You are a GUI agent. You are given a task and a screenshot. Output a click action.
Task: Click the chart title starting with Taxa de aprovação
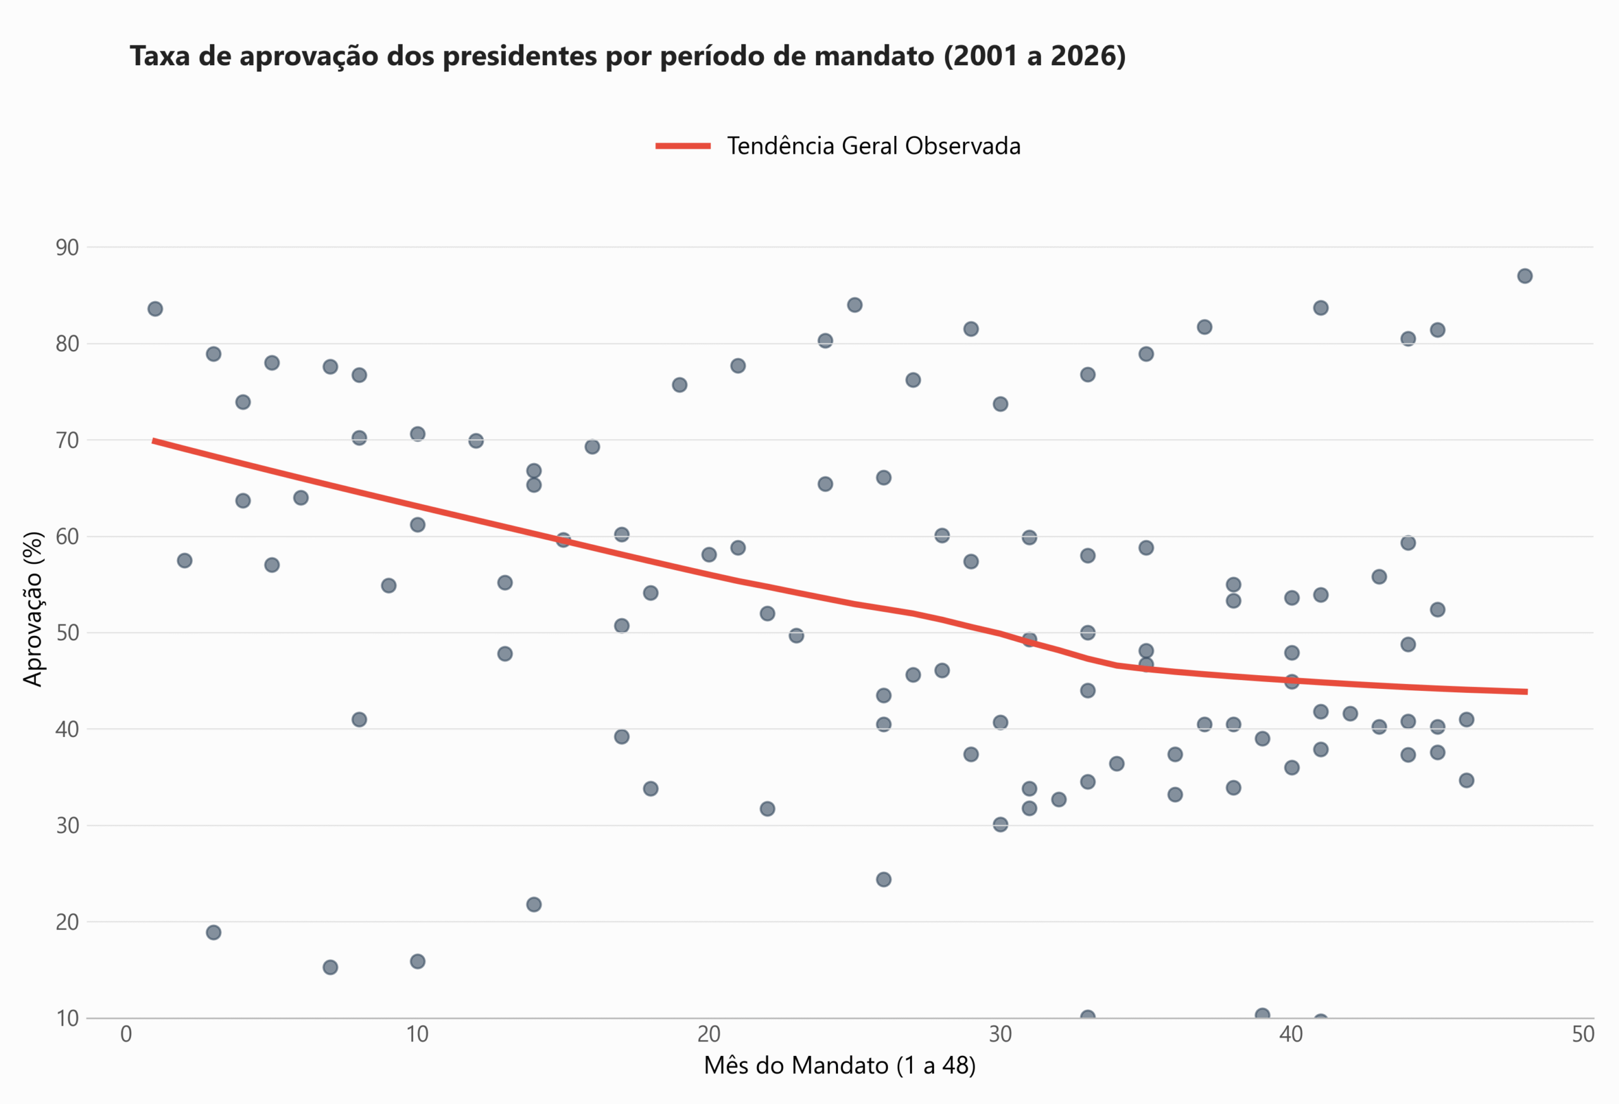point(627,56)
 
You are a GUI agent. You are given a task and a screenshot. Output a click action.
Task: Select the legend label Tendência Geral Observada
point(873,146)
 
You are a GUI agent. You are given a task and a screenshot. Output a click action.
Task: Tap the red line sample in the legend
point(683,146)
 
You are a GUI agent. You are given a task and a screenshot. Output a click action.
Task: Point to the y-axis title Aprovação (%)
point(33,609)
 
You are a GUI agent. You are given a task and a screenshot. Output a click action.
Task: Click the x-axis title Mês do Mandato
point(839,1065)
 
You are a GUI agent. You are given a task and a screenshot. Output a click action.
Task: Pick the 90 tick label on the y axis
point(68,247)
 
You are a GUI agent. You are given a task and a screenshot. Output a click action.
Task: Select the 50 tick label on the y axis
point(68,633)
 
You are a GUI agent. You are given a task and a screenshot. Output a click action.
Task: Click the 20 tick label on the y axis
point(68,922)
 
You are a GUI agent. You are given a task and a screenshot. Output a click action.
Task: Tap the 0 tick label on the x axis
point(126,1034)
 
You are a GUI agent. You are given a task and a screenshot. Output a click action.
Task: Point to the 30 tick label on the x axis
point(1000,1034)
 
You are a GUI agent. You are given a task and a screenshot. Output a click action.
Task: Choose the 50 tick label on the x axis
point(1583,1034)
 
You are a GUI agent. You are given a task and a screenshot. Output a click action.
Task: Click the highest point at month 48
point(1525,276)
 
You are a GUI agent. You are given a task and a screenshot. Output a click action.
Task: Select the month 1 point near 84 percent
point(156,309)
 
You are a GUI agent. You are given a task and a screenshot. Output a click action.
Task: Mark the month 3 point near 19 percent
point(214,933)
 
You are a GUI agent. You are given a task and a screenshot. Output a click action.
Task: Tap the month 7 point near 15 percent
point(330,967)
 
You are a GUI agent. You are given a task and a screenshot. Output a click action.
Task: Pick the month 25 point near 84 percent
point(855,306)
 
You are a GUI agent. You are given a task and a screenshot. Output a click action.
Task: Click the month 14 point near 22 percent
point(534,905)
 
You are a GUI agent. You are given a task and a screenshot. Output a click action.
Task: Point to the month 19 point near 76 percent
point(679,385)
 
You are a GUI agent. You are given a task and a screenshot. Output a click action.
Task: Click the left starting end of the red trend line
point(154,440)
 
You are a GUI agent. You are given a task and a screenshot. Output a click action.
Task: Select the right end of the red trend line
point(1525,692)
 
